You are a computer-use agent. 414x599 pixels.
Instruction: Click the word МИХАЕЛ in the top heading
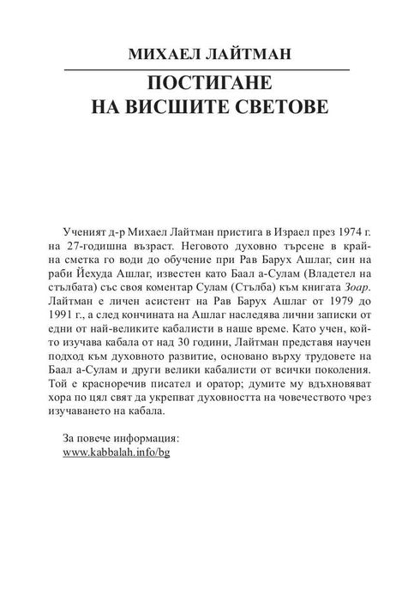(164, 54)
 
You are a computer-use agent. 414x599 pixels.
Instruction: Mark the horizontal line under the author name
(207, 69)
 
